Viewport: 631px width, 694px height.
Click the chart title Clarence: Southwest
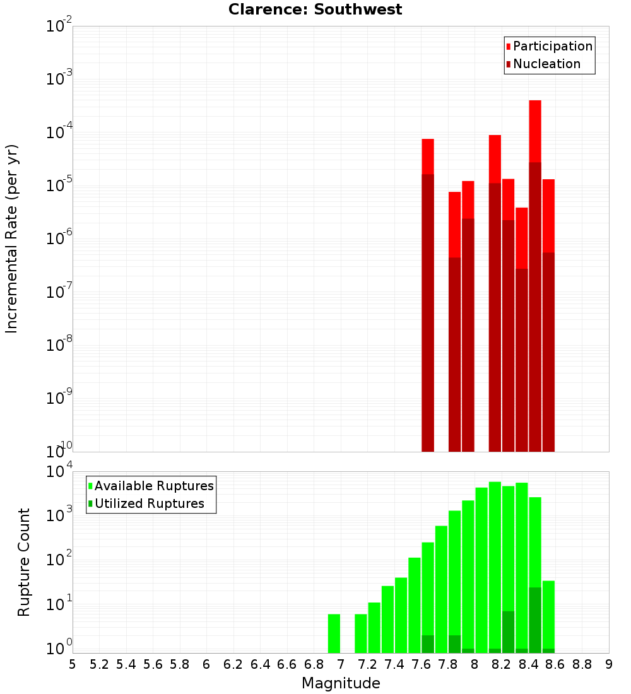(x=315, y=9)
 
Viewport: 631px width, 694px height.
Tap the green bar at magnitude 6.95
(x=334, y=633)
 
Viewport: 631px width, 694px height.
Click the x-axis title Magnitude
(x=341, y=683)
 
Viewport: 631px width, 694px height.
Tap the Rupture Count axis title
(x=24, y=562)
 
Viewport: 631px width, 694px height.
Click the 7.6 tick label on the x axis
(x=421, y=664)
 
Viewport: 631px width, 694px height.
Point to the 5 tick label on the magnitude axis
(x=73, y=664)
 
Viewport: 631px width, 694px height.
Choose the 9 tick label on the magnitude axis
(x=609, y=664)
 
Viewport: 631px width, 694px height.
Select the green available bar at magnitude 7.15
(x=361, y=633)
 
